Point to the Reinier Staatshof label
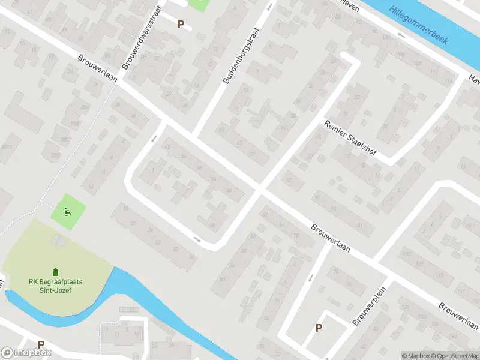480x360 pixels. tap(350, 139)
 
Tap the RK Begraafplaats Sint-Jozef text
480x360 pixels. tap(55, 286)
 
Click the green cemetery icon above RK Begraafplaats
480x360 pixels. tap(55, 272)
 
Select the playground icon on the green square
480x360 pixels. tap(68, 211)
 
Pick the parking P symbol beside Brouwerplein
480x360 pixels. tap(319, 328)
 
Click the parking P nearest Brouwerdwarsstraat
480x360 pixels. tap(181, 24)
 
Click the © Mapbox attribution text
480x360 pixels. tap(415, 356)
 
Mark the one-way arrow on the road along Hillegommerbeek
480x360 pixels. tap(401, 35)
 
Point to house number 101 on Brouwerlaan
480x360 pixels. tap(359, 225)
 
